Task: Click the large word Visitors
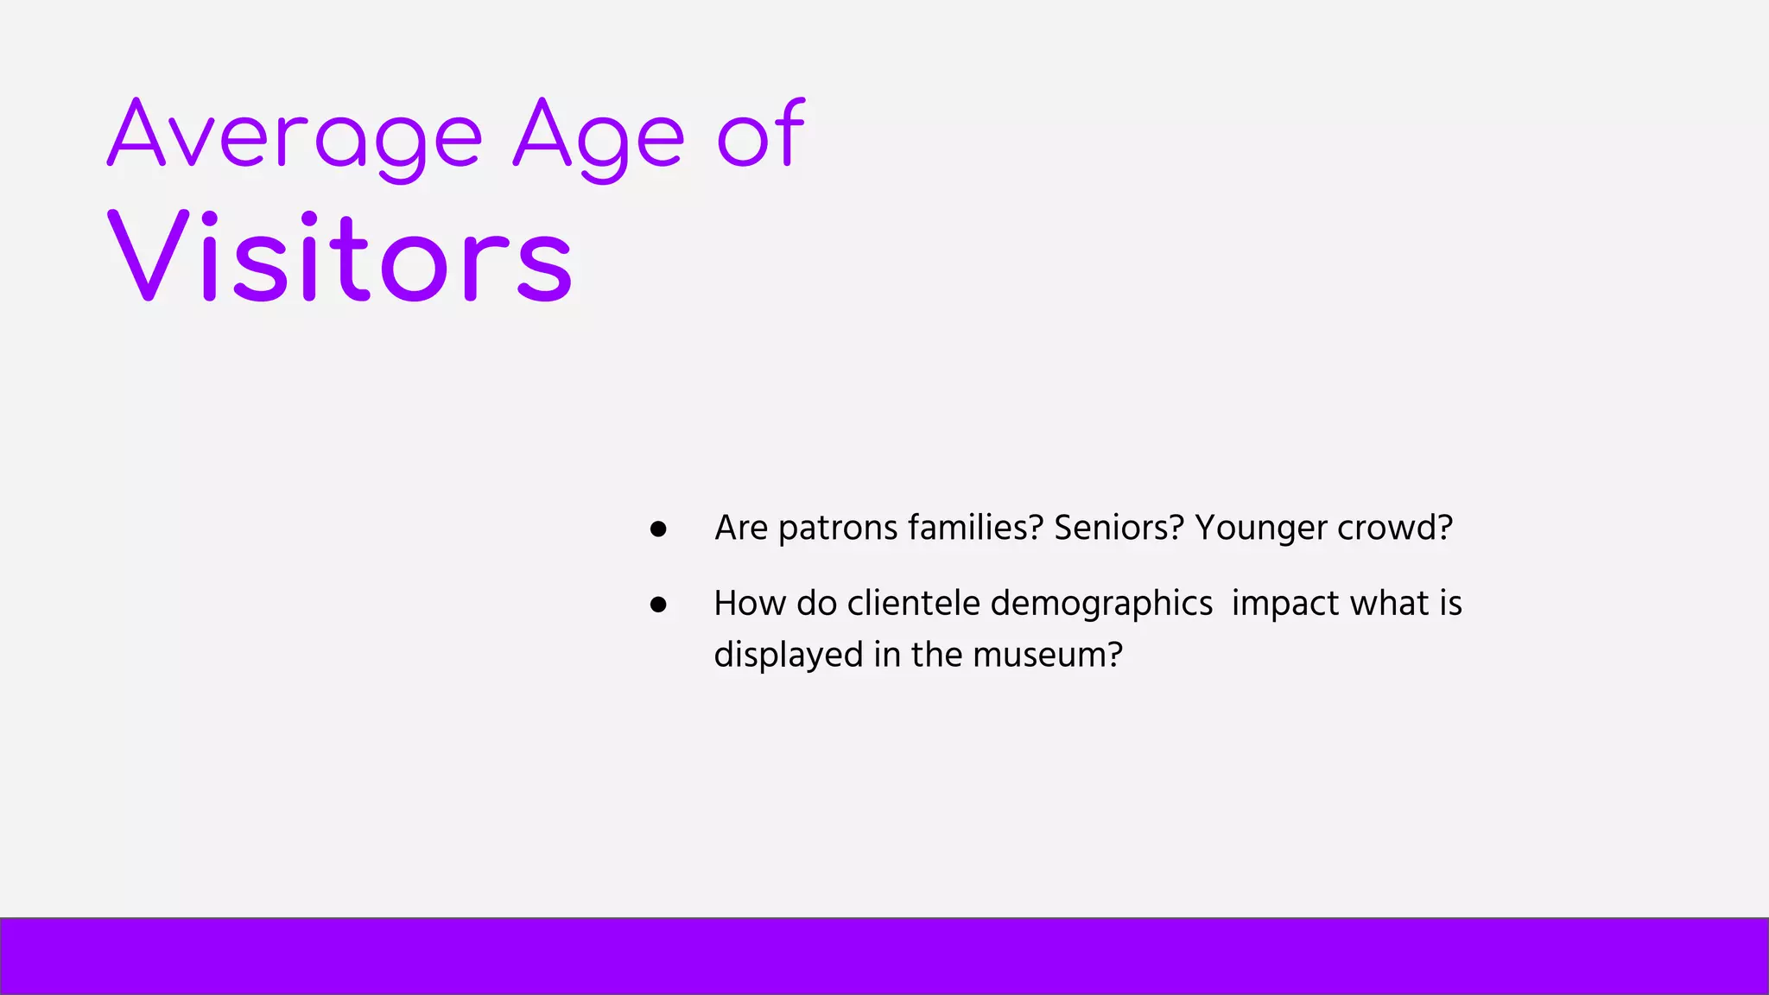point(339,257)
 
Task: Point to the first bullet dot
point(658,529)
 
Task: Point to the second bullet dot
point(658,605)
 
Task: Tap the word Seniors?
point(1118,527)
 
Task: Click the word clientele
point(913,603)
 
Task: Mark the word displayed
point(788,655)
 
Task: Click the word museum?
point(1047,655)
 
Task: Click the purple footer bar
point(884,956)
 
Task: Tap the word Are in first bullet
point(741,528)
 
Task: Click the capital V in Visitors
point(148,255)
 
